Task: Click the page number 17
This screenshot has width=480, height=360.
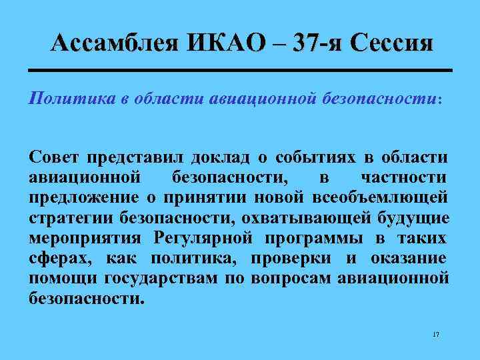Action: tap(436, 333)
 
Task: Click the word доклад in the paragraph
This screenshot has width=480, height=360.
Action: tap(219, 158)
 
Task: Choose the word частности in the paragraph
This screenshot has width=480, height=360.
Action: tap(403, 178)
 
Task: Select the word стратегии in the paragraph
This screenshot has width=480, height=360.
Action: tap(72, 218)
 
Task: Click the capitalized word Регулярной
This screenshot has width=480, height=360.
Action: tap(204, 238)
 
